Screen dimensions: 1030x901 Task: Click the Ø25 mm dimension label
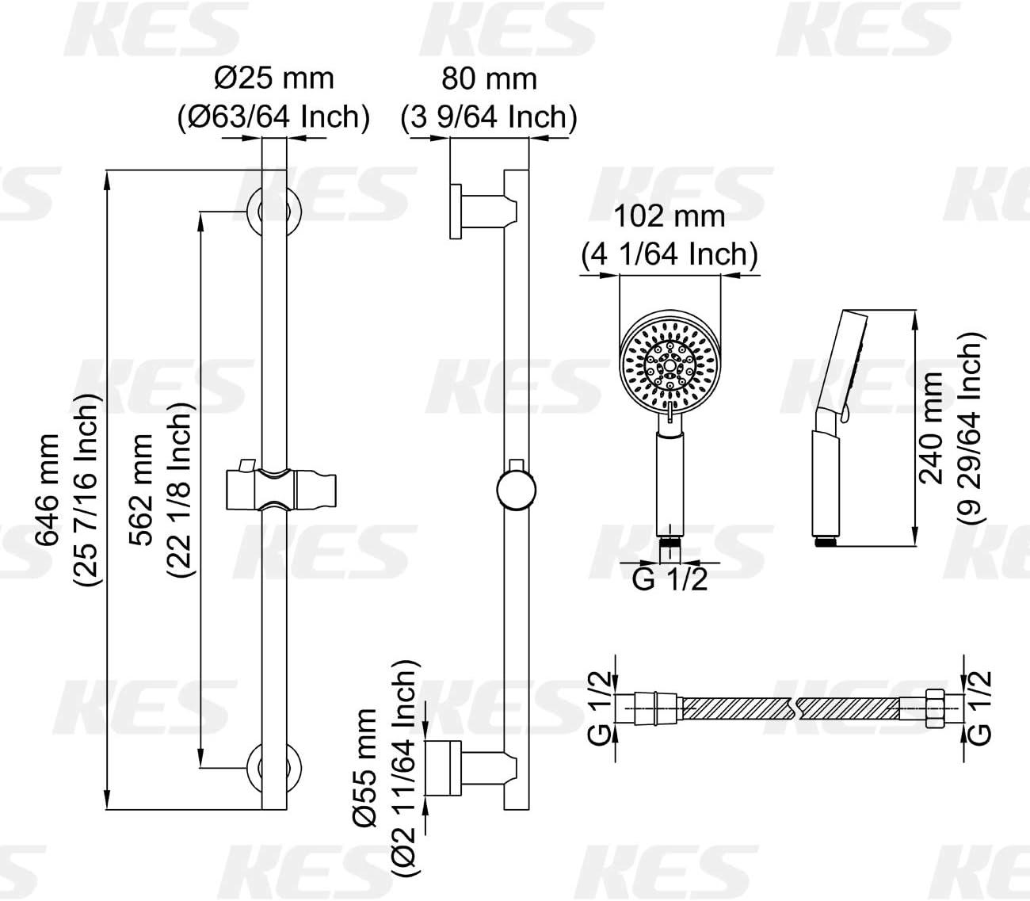point(274,79)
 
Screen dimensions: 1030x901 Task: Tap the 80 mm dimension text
point(490,79)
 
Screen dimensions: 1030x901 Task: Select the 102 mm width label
point(669,216)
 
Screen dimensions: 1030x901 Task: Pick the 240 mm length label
point(931,428)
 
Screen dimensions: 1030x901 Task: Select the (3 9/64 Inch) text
point(489,117)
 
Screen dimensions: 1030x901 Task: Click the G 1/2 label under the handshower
point(669,579)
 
